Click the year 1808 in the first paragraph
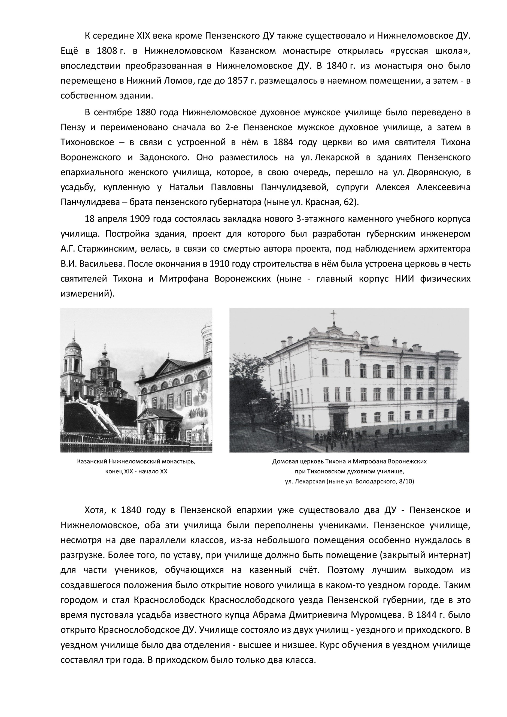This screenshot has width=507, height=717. pos(107,51)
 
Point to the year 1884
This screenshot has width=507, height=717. pos(283,142)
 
